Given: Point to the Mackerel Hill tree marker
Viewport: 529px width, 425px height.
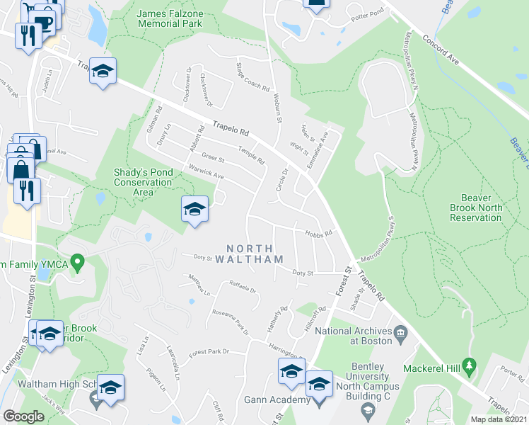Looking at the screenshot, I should (x=468, y=365).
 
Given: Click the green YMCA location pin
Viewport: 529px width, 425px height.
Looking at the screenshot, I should (x=80, y=264).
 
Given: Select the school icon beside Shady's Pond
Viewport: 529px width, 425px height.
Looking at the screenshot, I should (x=194, y=209).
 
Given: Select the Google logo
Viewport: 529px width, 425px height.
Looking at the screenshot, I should (x=24, y=416).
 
